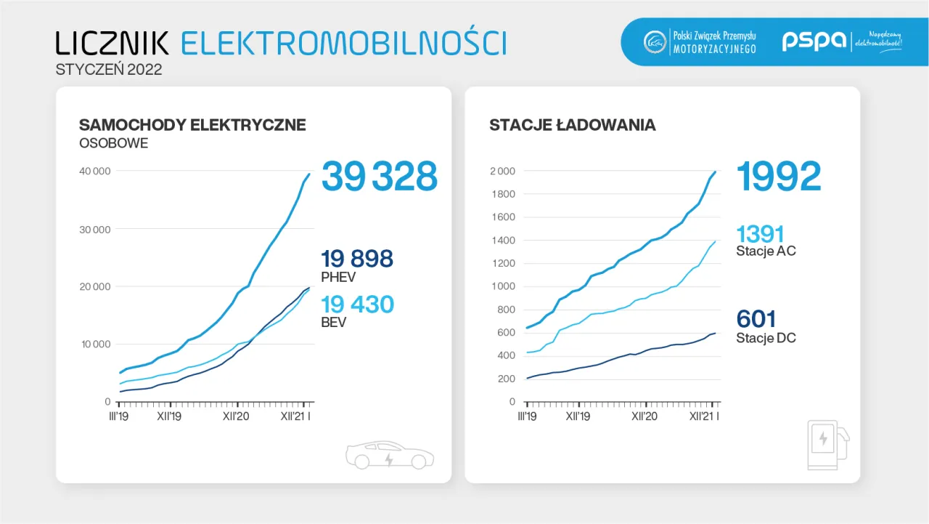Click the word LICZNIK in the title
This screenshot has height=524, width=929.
[112, 43]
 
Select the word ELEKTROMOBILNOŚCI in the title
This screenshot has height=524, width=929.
[343, 43]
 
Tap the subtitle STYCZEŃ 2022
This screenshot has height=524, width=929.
[109, 70]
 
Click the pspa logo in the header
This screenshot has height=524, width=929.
[813, 41]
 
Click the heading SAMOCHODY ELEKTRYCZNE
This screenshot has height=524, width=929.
[192, 125]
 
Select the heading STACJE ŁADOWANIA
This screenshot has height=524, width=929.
[573, 125]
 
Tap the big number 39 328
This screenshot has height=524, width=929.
[380, 177]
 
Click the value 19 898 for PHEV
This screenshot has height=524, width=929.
[357, 258]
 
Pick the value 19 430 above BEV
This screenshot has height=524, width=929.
[357, 304]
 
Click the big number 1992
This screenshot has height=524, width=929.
[779, 177]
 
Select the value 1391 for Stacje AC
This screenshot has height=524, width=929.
[761, 234]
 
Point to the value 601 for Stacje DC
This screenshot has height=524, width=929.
[756, 319]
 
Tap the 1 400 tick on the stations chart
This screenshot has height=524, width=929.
[502, 241]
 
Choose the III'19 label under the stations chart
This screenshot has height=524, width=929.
[527, 417]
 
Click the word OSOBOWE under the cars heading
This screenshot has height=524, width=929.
[113, 143]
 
